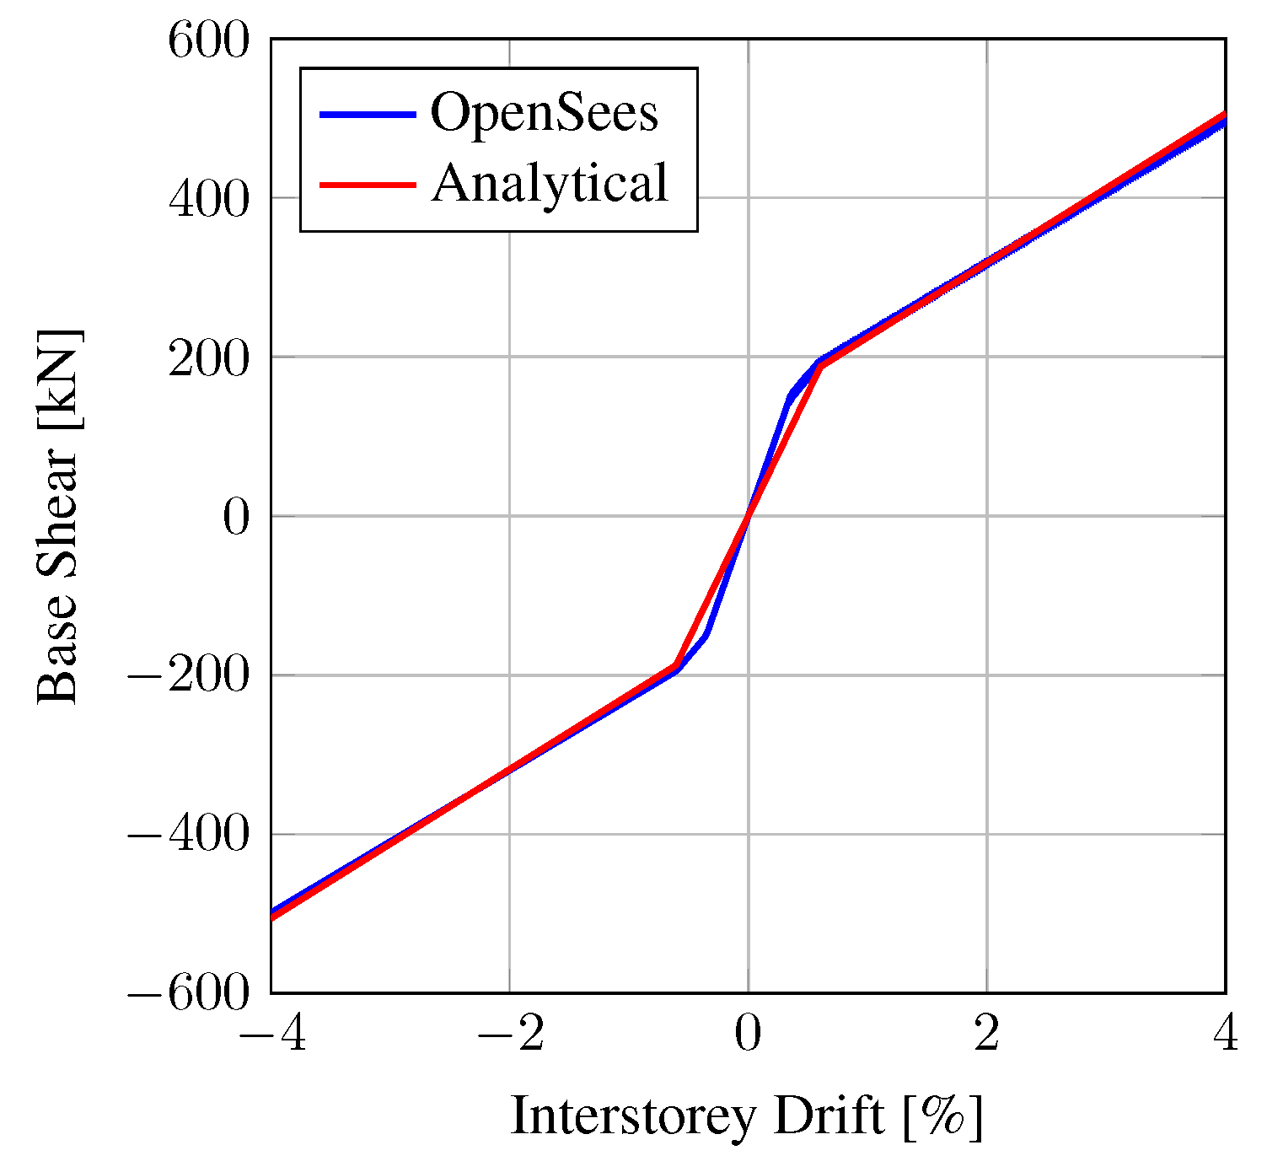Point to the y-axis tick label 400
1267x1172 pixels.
(x=209, y=199)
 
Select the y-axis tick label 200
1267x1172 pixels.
(x=209, y=358)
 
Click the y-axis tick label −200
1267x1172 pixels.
(x=189, y=676)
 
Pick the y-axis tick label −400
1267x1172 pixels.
(x=189, y=836)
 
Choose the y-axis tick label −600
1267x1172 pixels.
(x=189, y=994)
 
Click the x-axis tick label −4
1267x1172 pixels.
(x=271, y=1034)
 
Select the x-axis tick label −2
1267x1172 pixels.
(x=509, y=1034)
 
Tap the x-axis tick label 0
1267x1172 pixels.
(x=748, y=1034)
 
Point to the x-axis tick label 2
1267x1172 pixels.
(x=986, y=1034)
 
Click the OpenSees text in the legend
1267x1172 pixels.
(x=545, y=113)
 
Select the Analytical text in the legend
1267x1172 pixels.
(x=550, y=183)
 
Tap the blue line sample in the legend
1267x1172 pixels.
(x=368, y=114)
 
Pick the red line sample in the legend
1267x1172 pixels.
(x=368, y=184)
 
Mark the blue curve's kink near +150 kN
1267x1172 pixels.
(x=791, y=395)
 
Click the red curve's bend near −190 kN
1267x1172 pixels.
(x=675, y=665)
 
